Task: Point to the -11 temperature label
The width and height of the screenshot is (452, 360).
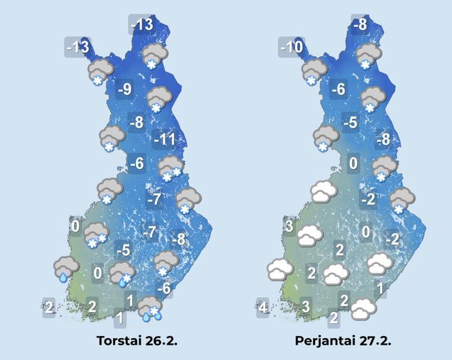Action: click(165, 139)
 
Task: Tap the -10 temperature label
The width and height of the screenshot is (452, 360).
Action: click(291, 47)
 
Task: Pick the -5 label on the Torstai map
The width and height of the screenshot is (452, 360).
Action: click(123, 250)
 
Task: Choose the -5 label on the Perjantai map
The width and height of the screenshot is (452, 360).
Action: click(351, 122)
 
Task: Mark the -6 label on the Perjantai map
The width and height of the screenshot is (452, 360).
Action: click(338, 90)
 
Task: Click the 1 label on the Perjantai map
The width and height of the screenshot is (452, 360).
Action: click(381, 287)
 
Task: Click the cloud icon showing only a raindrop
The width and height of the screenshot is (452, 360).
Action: click(67, 268)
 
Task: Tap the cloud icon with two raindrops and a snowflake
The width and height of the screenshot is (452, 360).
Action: click(150, 309)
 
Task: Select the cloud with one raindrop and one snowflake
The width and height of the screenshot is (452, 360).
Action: click(121, 274)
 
